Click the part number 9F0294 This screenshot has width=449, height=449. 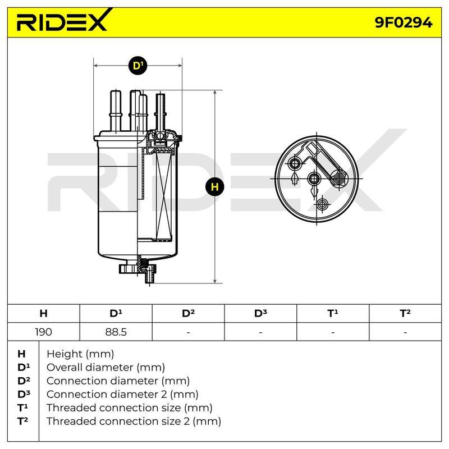[x=404, y=22]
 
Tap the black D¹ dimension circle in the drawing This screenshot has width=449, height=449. [x=138, y=66]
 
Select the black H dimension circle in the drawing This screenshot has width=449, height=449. [x=215, y=187]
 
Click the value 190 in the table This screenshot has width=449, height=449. [x=43, y=332]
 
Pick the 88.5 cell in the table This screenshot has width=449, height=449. [x=116, y=332]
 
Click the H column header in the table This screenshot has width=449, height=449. [x=44, y=313]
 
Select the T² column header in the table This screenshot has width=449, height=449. [x=405, y=313]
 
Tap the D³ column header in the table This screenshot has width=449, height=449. [x=260, y=313]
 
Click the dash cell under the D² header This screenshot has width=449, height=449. [x=188, y=332]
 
